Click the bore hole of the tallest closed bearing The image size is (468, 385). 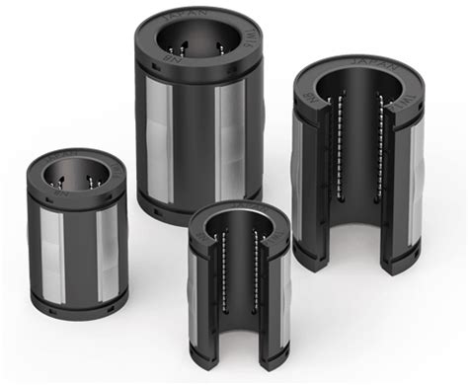[x=196, y=41]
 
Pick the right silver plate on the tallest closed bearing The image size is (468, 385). [x=234, y=138]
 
